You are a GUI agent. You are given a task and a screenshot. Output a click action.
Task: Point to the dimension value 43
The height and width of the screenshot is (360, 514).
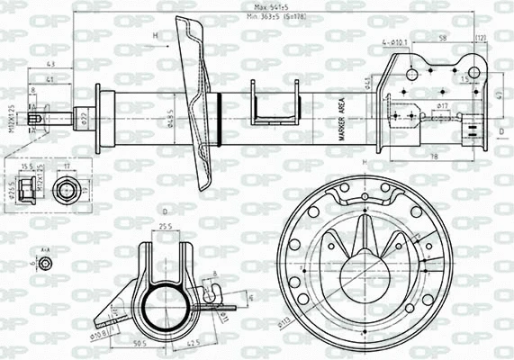pos(50,63)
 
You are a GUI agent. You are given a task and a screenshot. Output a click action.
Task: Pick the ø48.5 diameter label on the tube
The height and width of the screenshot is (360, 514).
pos(170,117)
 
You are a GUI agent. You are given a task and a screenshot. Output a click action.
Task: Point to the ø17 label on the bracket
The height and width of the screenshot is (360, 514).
pos(442,107)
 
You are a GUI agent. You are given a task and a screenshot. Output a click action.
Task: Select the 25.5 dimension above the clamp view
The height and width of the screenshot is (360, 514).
pos(166,225)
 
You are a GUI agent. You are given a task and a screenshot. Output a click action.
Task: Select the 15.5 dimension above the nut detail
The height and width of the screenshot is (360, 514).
pos(29,166)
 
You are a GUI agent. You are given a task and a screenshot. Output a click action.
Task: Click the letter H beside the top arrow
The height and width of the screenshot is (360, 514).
pos(155,36)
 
